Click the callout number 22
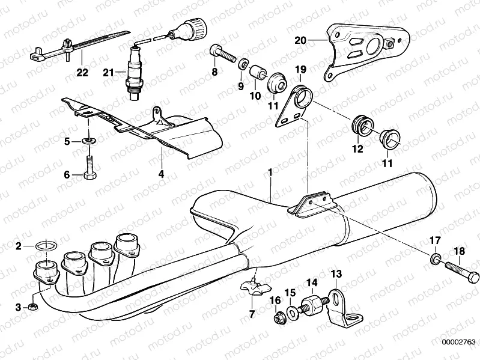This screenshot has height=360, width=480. click(82, 73)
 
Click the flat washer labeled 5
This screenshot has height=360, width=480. click(88, 141)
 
